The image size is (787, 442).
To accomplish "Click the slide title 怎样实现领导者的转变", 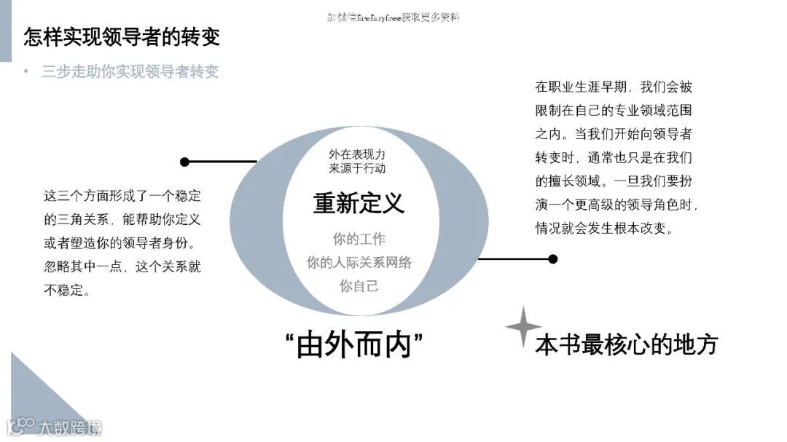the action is click(121, 36).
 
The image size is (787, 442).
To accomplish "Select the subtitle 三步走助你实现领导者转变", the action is click(130, 71).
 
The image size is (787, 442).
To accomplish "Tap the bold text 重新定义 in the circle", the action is click(359, 203).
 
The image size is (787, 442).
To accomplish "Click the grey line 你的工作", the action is click(359, 239).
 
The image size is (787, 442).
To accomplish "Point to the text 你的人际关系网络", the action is click(359, 263).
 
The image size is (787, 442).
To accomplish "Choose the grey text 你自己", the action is click(359, 286).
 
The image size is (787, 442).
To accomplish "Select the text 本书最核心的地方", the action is click(627, 344).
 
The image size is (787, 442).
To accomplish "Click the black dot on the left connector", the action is click(184, 162).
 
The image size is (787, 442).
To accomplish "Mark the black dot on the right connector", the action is click(553, 259).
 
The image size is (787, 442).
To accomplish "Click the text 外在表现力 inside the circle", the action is click(357, 154).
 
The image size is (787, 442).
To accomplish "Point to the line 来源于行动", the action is click(357, 168).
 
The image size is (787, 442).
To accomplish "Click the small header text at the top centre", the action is click(393, 17).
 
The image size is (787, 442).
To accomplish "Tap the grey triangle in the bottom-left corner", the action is click(36, 393).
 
